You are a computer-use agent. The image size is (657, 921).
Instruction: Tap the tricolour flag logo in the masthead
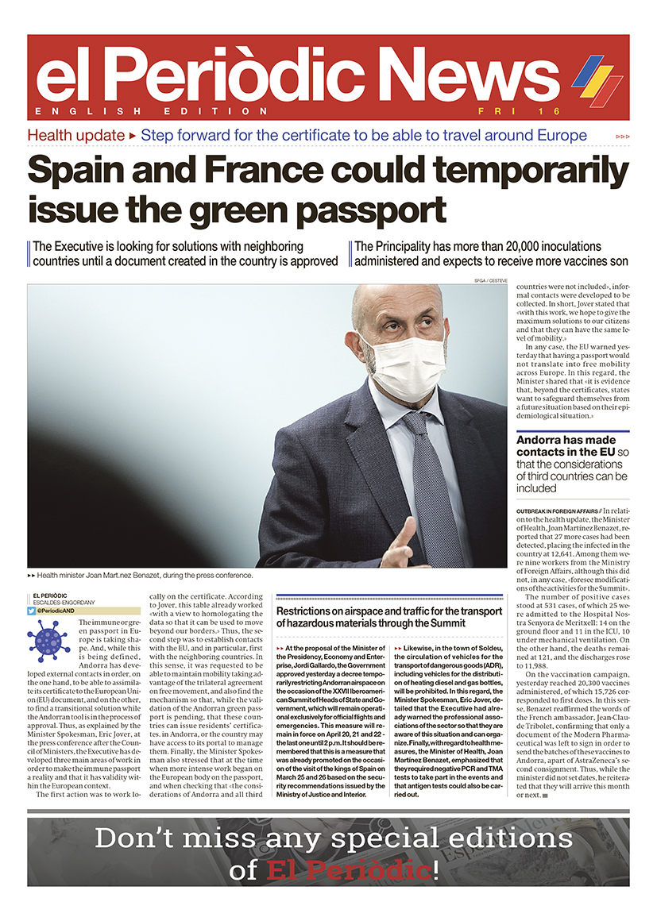coord(597,79)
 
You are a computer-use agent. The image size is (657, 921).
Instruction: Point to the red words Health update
coord(75,136)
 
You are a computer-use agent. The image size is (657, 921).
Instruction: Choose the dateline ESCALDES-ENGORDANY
coord(66,602)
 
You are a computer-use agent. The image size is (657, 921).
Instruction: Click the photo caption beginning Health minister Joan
coord(143,575)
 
